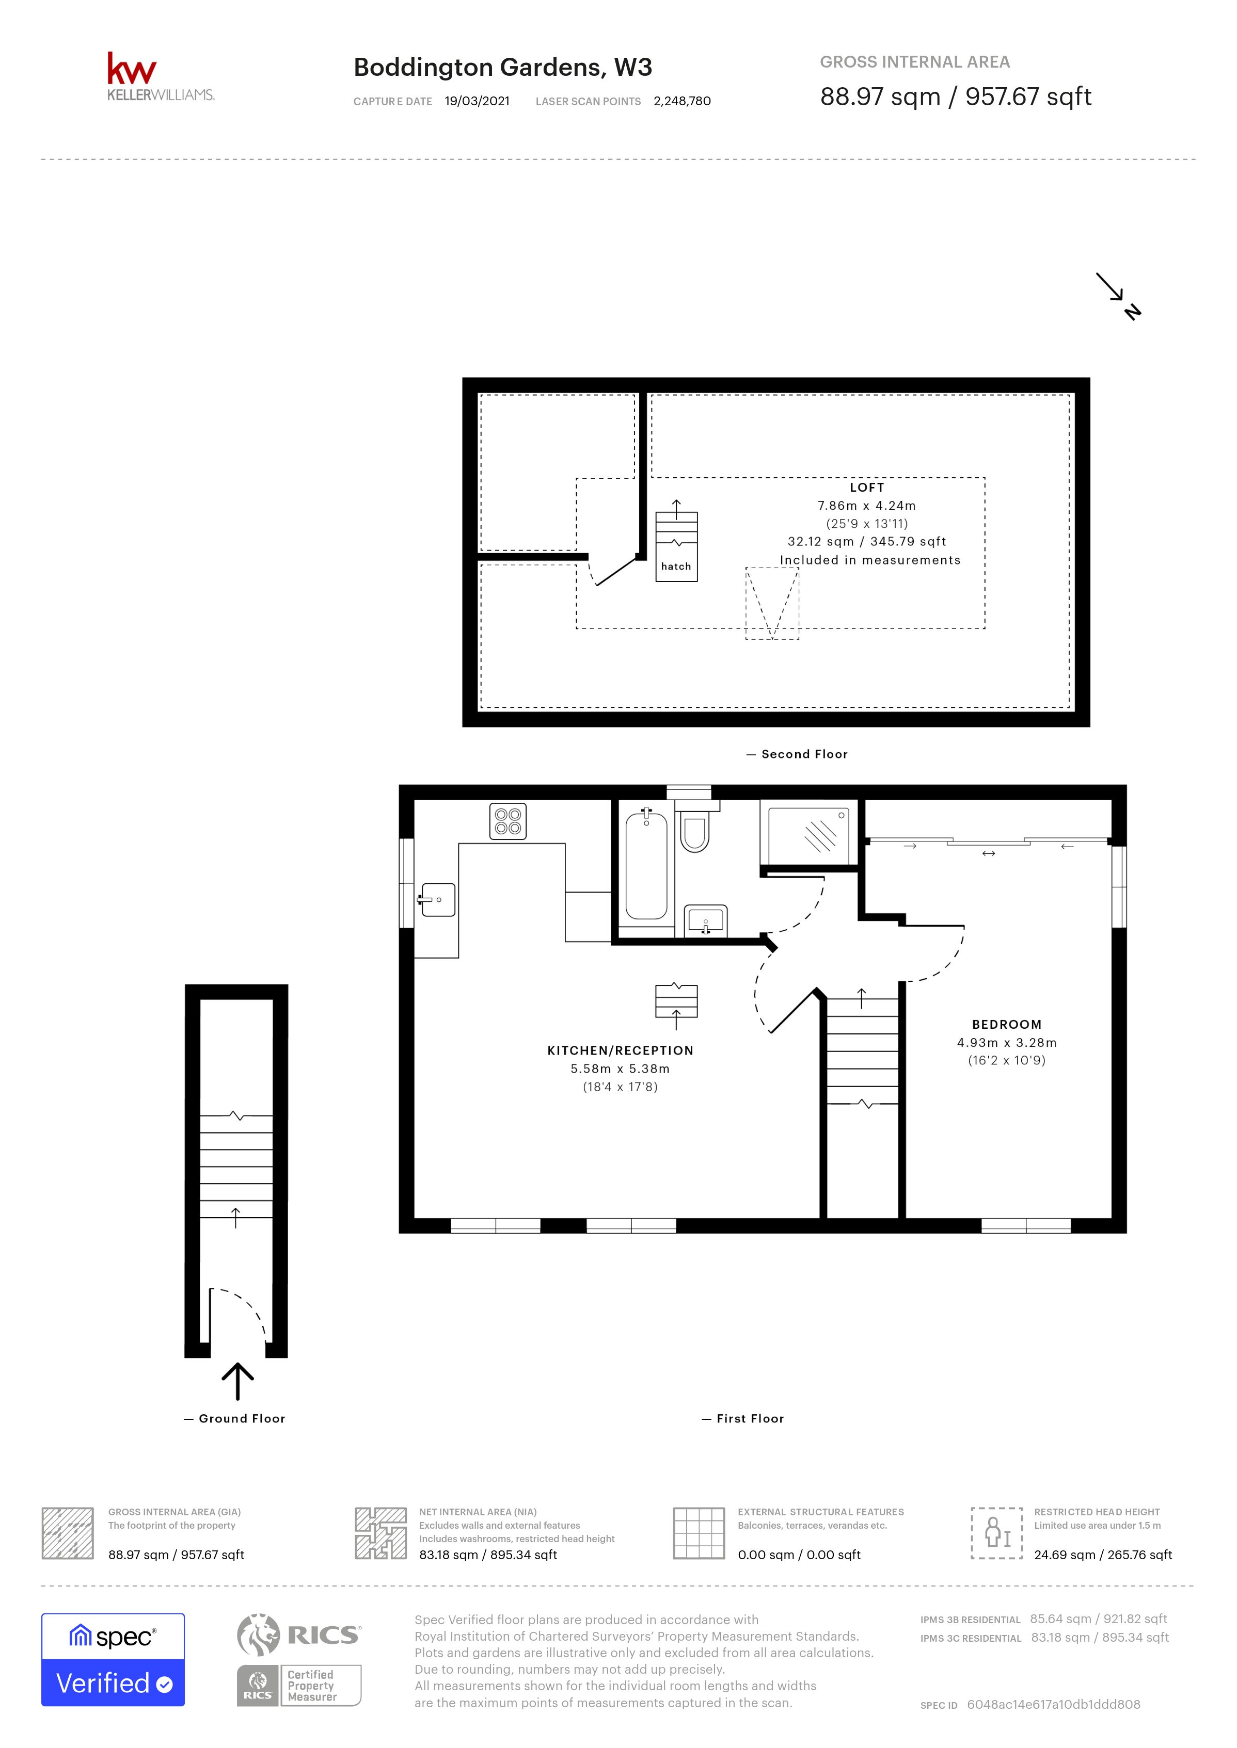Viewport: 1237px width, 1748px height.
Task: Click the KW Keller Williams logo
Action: pyautogui.click(x=160, y=77)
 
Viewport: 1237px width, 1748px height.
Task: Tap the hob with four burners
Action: pyautogui.click(x=508, y=821)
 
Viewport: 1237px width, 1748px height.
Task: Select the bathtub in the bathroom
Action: pyautogui.click(x=646, y=866)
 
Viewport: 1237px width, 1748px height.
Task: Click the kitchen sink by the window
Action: pyautogui.click(x=437, y=900)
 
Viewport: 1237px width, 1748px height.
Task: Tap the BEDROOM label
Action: pyautogui.click(x=1006, y=1025)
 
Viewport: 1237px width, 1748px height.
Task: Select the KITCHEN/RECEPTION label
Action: pyautogui.click(x=620, y=1050)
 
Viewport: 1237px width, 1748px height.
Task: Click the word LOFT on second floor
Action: pyautogui.click(x=867, y=487)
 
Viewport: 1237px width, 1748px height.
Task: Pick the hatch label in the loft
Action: pyautogui.click(x=676, y=567)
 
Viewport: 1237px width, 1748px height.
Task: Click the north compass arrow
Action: pyautogui.click(x=1118, y=296)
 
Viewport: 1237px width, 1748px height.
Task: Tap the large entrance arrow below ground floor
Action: pyautogui.click(x=237, y=1381)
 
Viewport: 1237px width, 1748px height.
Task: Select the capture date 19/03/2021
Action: pyautogui.click(x=477, y=101)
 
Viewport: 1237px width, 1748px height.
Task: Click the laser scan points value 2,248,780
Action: pyautogui.click(x=681, y=101)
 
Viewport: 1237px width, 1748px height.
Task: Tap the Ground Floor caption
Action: pyautogui.click(x=242, y=1418)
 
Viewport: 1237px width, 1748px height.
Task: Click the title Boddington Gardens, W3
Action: pyautogui.click(x=503, y=68)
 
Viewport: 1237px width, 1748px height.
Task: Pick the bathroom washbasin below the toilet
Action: pyautogui.click(x=705, y=920)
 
